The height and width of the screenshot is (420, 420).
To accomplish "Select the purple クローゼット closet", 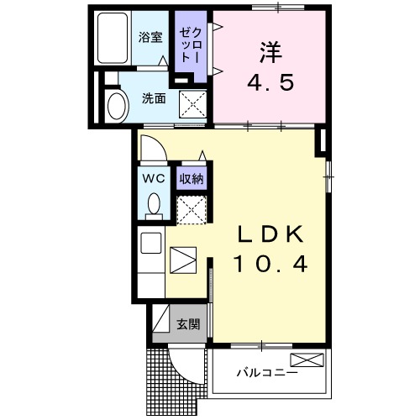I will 186,45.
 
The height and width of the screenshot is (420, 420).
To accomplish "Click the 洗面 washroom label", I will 153,97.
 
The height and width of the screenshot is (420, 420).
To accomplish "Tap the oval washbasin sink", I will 116,107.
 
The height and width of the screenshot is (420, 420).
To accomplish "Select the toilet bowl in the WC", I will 154,205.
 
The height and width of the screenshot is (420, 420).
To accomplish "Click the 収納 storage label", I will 192,178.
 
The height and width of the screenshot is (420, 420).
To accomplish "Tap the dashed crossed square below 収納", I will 192,208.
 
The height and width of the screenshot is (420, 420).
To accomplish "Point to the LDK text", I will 269,234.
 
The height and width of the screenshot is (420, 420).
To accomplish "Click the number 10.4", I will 270,265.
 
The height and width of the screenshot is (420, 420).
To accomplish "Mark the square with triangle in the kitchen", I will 182,260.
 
